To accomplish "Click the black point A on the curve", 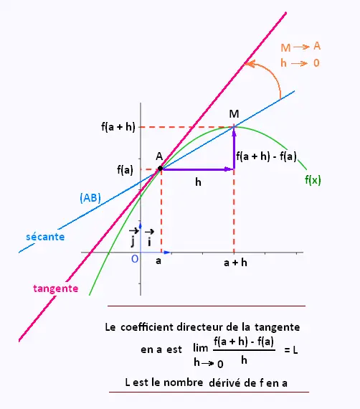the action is [161, 169].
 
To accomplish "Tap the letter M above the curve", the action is [234, 114].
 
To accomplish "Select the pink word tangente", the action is [56, 288].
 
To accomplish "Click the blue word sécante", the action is [45, 237].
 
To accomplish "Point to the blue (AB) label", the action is [90, 198].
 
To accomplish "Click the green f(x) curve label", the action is [313, 180].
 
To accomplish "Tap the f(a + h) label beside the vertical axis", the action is [118, 127].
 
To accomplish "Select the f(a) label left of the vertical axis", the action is [125, 170].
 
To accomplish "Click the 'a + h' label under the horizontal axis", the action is [235, 263].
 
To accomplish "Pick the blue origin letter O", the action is [135, 259].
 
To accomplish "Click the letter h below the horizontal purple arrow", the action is [198, 182].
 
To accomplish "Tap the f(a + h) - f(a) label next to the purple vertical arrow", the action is [267, 156].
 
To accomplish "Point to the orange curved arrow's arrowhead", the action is [248, 64].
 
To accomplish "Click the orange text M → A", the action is [300, 47].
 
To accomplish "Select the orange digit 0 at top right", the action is [316, 63].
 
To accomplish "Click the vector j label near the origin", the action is [133, 238].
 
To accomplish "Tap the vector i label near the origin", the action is [149, 238].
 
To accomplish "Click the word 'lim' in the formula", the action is [201, 348].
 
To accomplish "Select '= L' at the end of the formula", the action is [291, 349].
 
